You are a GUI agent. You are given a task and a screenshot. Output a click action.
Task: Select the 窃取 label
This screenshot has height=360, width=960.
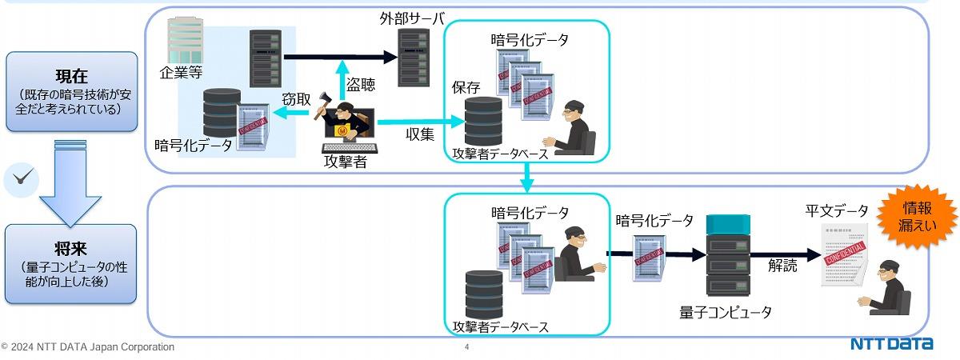tap(296, 99)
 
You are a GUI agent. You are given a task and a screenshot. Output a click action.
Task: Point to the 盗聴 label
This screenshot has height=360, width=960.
tap(360, 83)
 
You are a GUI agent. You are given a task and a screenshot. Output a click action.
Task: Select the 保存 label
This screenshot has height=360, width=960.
tap(466, 87)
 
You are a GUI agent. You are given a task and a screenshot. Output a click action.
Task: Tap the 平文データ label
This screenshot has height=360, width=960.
tap(836, 211)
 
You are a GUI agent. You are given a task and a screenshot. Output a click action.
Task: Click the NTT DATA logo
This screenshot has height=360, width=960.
tap(891, 345)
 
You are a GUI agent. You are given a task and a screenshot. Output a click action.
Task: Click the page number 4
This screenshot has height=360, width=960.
tap(466, 347)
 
